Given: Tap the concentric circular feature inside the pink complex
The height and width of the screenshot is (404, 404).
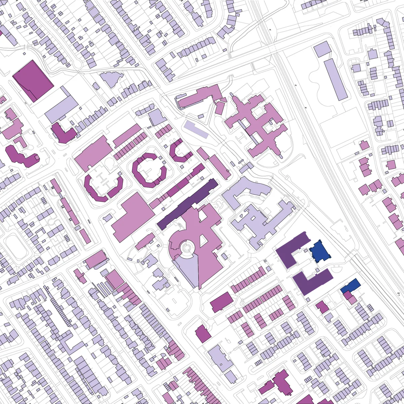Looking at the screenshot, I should pyautogui.click(x=187, y=248).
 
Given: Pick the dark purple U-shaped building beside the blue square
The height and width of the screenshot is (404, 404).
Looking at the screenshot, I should pyautogui.click(x=292, y=249).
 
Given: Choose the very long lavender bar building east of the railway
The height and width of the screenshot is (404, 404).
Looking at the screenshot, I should pyautogui.click(x=335, y=79).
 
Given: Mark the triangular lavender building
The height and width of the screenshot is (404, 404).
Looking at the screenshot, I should pyautogui.click(x=111, y=79).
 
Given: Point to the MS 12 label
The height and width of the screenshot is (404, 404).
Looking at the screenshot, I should pyautogui.click(x=400, y=295).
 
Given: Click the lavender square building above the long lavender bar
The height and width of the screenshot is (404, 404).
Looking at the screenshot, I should pyautogui.click(x=322, y=49).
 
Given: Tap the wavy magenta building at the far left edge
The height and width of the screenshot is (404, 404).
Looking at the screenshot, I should pyautogui.click(x=22, y=157).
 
